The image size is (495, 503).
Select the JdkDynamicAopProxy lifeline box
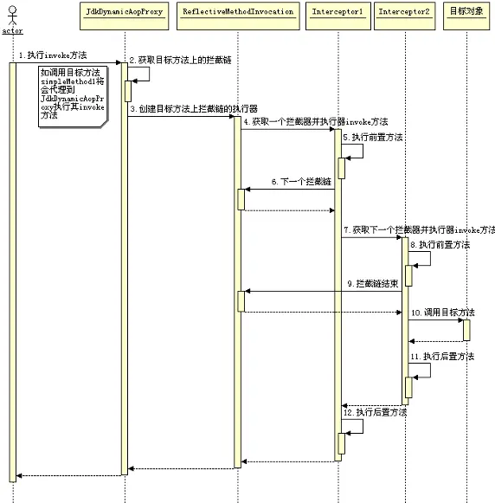[x=123, y=11]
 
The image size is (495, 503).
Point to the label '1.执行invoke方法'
[x=53, y=55]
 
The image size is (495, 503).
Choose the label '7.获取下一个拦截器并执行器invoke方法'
[x=419, y=230]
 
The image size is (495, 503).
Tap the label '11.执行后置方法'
[x=442, y=357]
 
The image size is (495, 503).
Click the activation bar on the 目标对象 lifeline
[x=466, y=330]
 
